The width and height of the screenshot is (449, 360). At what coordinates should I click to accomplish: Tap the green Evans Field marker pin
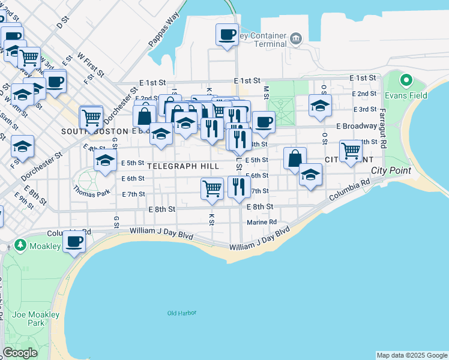coord(406,80)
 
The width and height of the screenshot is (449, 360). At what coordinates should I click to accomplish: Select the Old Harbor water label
coord(182,313)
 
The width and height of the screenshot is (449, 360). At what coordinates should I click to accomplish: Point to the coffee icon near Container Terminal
coord(227,35)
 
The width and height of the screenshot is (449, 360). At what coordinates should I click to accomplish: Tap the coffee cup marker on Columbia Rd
coord(74,242)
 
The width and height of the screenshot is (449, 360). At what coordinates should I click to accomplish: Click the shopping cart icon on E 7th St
coord(212,188)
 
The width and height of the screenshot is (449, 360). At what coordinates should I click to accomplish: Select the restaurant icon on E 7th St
coord(239,187)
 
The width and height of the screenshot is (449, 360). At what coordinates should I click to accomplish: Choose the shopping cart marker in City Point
coord(351,150)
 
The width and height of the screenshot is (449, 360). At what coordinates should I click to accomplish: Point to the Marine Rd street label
coord(262,222)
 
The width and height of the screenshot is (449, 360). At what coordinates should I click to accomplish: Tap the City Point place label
coord(391,170)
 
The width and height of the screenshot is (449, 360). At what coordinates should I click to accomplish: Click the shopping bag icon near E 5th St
coord(295,159)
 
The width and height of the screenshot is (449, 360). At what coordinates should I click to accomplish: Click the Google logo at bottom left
coord(20,353)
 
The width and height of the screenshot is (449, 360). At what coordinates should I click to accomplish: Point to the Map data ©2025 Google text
coord(412,355)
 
